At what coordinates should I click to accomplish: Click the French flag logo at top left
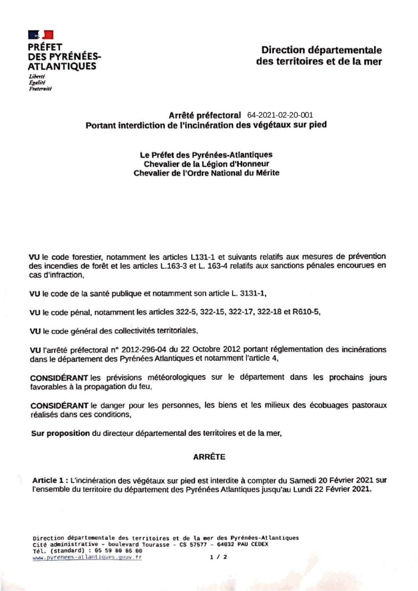click(41, 34)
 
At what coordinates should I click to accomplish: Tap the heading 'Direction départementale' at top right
click(321, 50)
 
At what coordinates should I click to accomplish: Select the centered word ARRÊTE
click(209, 457)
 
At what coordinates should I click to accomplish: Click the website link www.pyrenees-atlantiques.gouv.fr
click(87, 557)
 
